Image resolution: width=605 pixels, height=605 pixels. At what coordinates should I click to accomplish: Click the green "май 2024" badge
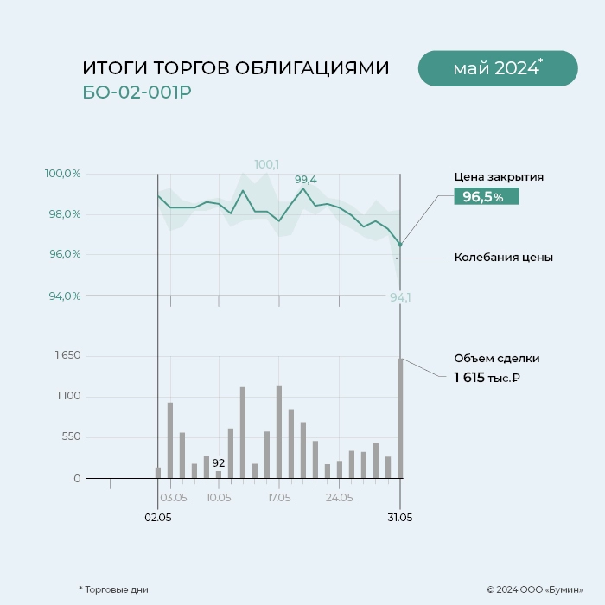coord(497,68)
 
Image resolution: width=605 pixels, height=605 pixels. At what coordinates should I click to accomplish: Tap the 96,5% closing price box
coord(486,197)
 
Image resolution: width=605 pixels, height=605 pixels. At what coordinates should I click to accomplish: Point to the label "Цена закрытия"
coord(499,177)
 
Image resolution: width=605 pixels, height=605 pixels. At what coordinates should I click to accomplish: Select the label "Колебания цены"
coord(503,258)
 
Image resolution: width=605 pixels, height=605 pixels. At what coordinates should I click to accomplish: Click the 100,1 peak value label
coord(266,164)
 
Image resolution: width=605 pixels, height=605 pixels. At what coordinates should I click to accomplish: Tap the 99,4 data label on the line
coord(306,180)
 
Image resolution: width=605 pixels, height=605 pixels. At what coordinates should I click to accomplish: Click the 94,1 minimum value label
coord(400,297)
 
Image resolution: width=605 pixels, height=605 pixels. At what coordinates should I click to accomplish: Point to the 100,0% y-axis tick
coord(62,174)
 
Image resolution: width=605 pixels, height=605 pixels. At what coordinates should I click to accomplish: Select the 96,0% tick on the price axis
coord(62,254)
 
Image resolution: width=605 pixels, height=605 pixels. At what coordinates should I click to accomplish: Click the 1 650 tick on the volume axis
coord(67,355)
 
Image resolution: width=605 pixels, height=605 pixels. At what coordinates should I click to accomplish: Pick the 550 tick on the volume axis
coord(71,436)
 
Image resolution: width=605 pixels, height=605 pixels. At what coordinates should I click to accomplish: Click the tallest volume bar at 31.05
coord(400,417)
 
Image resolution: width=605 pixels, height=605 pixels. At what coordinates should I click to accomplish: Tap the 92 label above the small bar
coord(219,462)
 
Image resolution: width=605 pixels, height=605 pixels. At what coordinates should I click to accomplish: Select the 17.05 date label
coord(279,498)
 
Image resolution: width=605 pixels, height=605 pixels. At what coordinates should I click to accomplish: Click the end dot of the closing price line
coord(400,245)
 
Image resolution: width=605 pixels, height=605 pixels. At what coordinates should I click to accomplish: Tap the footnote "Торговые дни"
coord(116,589)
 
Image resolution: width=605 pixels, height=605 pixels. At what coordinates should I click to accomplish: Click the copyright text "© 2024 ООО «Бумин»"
coord(534,589)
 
